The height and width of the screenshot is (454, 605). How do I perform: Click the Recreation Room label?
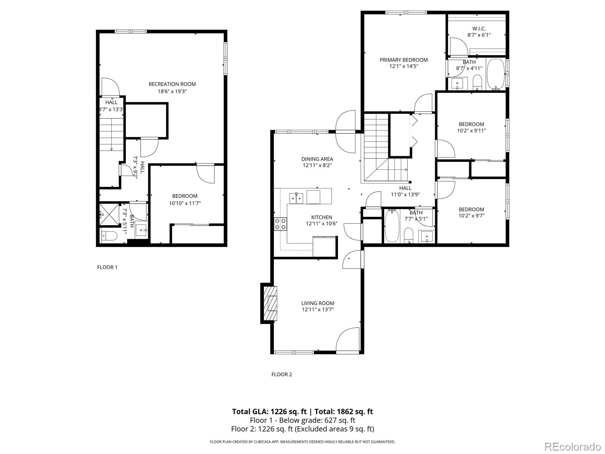click(x=172, y=84)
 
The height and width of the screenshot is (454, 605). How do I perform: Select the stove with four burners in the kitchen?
click(x=281, y=224)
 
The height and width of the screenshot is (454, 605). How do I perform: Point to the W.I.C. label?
click(x=479, y=28)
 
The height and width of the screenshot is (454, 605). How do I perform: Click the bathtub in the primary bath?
click(x=496, y=74)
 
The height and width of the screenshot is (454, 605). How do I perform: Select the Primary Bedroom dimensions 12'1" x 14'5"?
click(x=404, y=66)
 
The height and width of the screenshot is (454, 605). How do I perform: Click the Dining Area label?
click(x=317, y=159)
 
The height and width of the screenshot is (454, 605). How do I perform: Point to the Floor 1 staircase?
click(x=112, y=134)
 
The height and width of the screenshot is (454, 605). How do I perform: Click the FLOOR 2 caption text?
click(x=282, y=375)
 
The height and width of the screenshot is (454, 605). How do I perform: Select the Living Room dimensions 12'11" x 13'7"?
click(x=318, y=309)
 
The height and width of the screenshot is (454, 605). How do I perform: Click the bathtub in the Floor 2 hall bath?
click(x=390, y=226)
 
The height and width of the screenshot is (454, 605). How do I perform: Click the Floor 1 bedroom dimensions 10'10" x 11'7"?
click(x=185, y=203)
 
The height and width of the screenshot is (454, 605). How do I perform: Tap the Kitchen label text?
click(x=321, y=217)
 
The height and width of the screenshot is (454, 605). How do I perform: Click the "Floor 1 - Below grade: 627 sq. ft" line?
click(x=302, y=420)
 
